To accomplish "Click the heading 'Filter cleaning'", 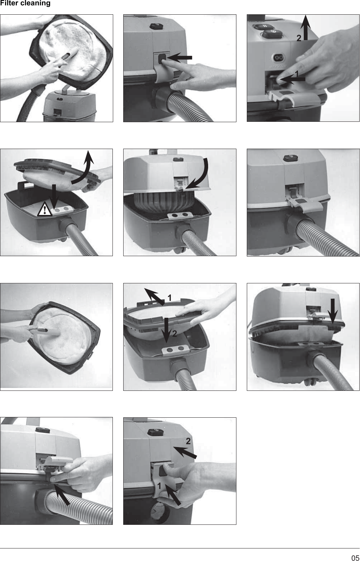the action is (x=25, y=3).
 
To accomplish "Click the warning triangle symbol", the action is (x=44, y=209).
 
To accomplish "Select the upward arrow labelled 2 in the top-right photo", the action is (x=306, y=27).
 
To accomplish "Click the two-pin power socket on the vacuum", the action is (x=279, y=58).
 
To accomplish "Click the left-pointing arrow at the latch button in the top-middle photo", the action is (x=179, y=58).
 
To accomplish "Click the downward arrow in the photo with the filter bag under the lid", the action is (x=333, y=311).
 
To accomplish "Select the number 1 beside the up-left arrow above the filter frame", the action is (x=169, y=298).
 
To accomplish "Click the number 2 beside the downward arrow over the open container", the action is (x=174, y=334).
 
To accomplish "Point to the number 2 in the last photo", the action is (x=188, y=441).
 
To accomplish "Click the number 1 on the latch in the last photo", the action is (x=159, y=486).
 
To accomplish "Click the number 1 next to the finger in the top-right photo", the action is (x=297, y=74).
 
